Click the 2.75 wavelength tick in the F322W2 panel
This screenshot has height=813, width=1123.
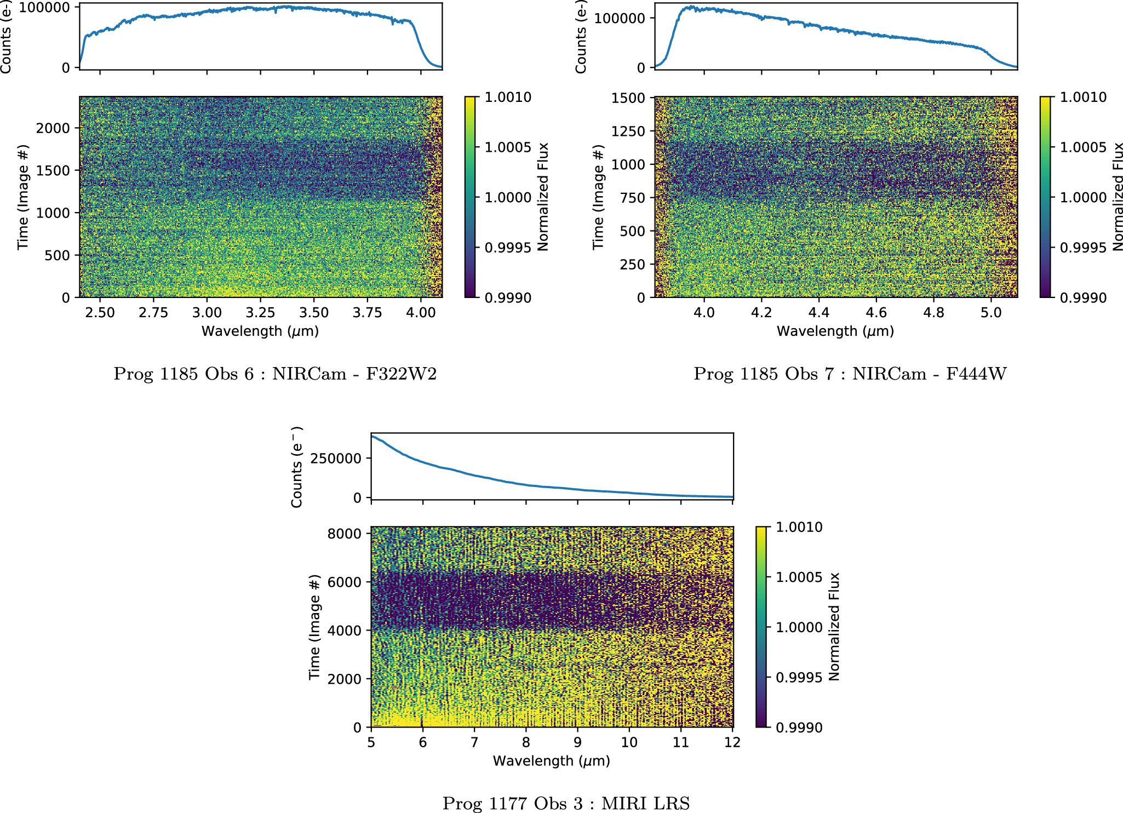(x=153, y=313)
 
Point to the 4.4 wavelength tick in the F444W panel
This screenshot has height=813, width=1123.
(x=818, y=313)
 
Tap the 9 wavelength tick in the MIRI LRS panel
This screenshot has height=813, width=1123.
(x=577, y=742)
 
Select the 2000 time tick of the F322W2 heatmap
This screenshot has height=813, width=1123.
(x=53, y=128)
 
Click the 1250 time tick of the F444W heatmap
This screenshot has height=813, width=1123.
(x=628, y=131)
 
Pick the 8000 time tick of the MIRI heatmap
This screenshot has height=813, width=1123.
(x=344, y=534)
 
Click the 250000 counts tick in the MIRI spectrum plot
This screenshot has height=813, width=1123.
(x=336, y=459)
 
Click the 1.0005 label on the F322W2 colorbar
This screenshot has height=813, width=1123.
(x=508, y=147)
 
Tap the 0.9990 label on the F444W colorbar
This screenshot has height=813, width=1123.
(x=1083, y=298)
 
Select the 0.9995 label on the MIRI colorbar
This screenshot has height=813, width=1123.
(x=799, y=678)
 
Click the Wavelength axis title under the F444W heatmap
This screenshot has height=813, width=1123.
(x=835, y=331)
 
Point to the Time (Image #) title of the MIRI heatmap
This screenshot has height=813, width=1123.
(x=314, y=627)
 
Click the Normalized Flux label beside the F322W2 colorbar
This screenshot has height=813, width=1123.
(x=543, y=197)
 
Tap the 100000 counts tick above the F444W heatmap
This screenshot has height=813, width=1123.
(x=620, y=18)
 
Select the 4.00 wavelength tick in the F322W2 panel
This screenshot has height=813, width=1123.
(x=421, y=313)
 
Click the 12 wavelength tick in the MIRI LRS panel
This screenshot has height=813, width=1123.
(x=732, y=742)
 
